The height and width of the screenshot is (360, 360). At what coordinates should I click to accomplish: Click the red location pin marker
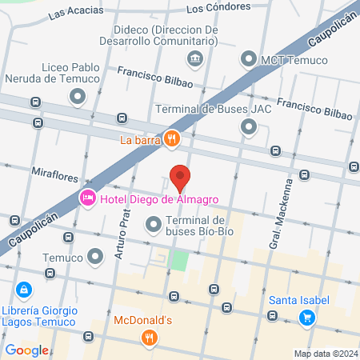(x=180, y=177)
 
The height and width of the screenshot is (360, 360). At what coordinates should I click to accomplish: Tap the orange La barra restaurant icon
(x=172, y=140)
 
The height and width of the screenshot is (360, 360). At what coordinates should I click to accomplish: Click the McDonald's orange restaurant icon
(x=148, y=338)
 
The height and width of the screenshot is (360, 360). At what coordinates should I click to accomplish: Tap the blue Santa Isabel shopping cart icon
(x=306, y=318)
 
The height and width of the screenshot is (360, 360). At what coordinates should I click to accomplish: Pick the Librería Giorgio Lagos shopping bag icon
(x=24, y=289)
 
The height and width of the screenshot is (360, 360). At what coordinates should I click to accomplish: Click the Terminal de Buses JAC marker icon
(x=249, y=126)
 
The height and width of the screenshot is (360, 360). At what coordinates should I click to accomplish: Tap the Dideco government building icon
(x=194, y=58)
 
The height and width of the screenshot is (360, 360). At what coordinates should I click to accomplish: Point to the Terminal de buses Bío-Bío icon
(x=153, y=227)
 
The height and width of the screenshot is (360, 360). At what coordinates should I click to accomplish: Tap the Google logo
(x=26, y=350)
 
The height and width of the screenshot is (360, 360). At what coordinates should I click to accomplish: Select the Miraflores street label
(x=54, y=171)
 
